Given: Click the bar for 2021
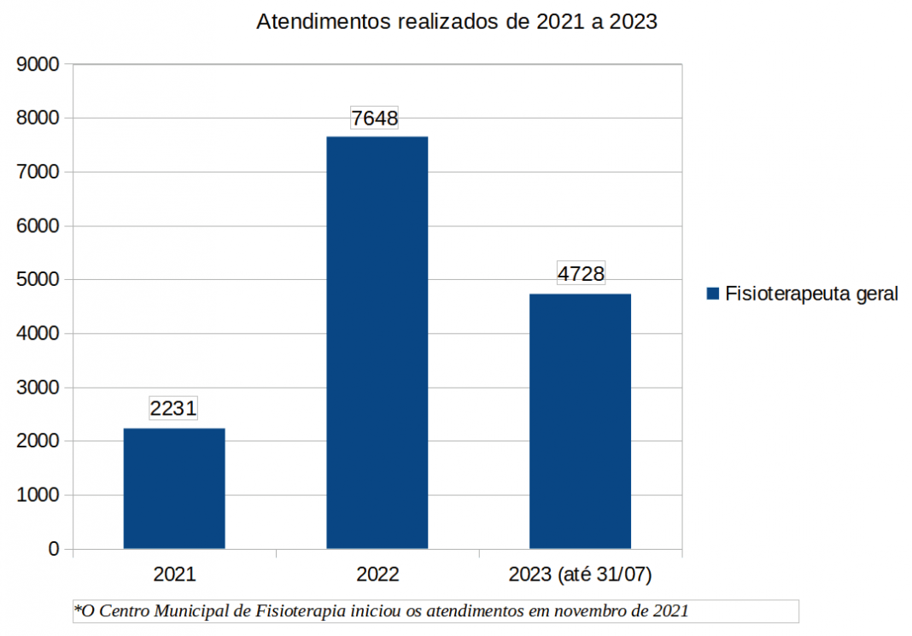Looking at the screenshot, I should tap(174, 487).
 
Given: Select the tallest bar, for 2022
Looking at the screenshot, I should tap(377, 341).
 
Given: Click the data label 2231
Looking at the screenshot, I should tap(173, 408).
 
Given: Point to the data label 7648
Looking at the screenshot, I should tap(376, 118).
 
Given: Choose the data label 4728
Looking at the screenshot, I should tap(581, 274).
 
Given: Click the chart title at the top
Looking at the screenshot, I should tap(457, 22).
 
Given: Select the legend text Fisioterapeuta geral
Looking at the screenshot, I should tap(811, 295).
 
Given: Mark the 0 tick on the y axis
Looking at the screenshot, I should tap(54, 549).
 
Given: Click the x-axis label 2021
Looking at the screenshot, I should tap(174, 575).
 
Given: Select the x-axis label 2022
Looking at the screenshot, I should tap(377, 575).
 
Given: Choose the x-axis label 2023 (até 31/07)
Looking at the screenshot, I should tap(580, 575).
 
